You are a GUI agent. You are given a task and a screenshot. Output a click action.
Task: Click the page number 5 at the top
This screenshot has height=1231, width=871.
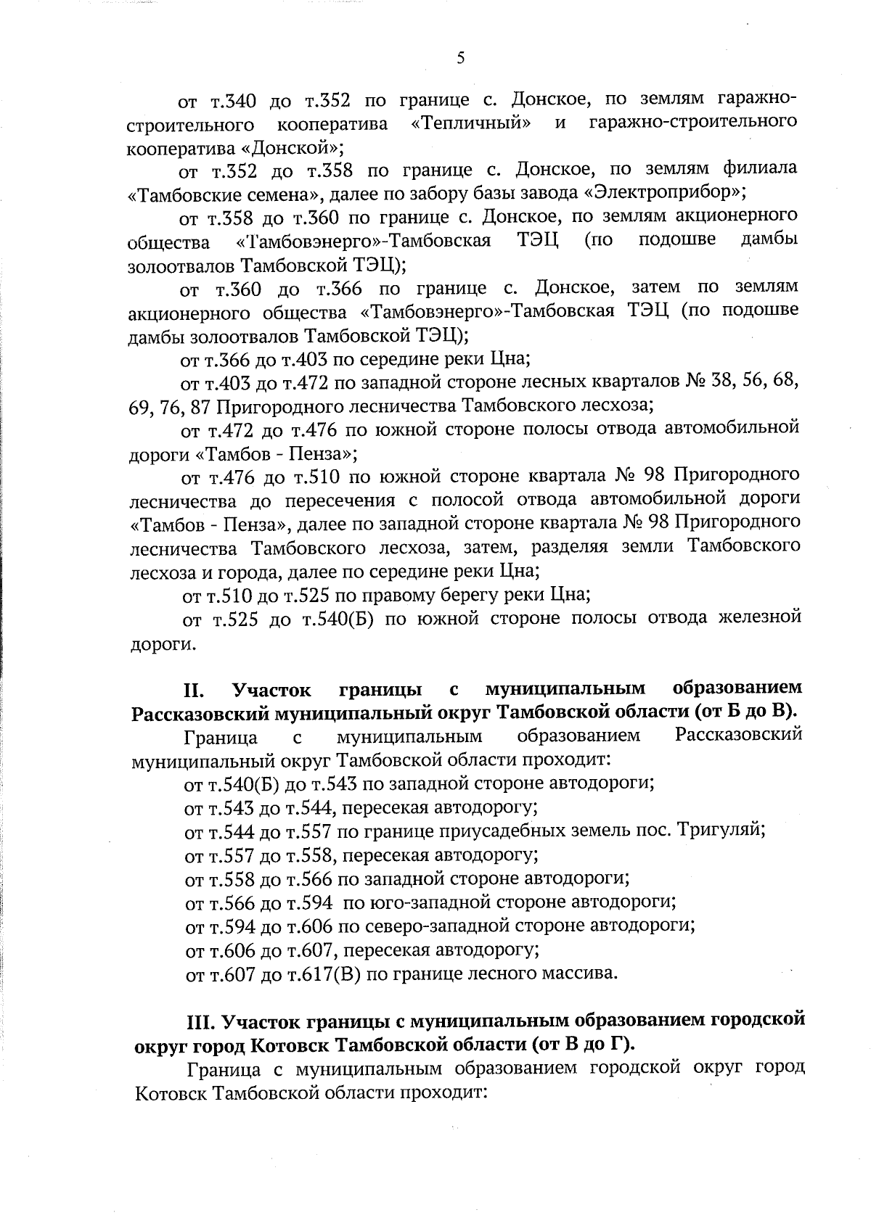click(462, 59)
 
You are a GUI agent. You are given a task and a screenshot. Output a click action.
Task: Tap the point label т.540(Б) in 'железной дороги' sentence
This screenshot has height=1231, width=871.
click(333, 619)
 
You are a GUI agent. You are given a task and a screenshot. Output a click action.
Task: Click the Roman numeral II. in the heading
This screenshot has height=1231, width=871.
click(197, 688)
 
